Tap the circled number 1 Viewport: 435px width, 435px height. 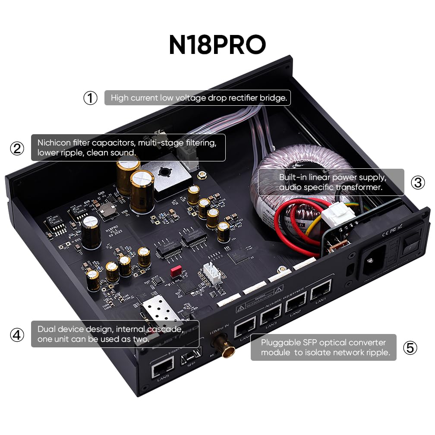[x=90, y=98]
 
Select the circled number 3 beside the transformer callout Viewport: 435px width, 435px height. [x=418, y=182]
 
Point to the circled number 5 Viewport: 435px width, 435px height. [x=410, y=348]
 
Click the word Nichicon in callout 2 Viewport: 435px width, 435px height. [x=53, y=142]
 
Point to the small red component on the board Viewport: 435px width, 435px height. [x=176, y=271]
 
